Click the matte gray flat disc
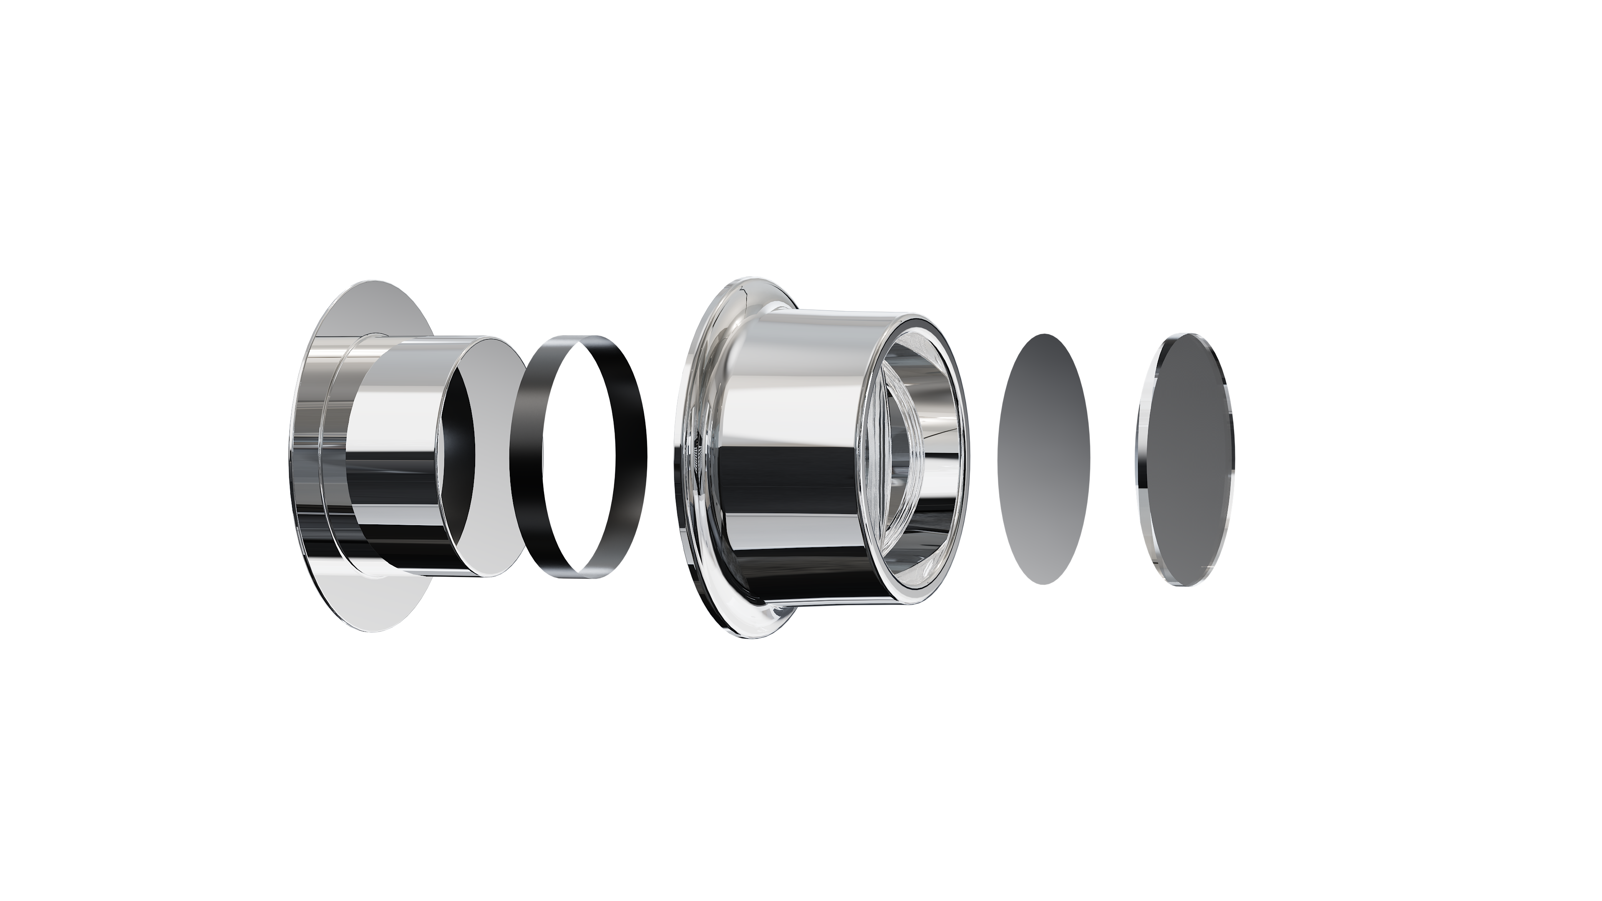pos(1043,459)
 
